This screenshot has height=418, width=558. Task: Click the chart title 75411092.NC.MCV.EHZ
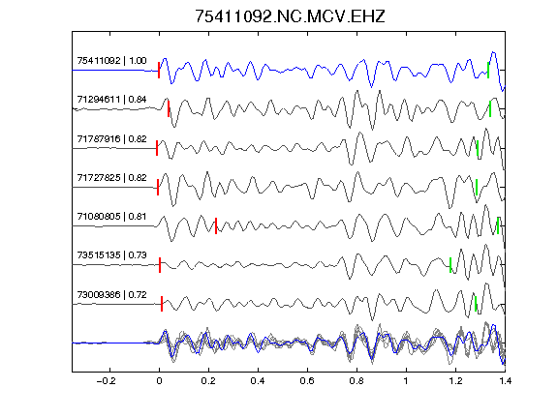(x=290, y=16)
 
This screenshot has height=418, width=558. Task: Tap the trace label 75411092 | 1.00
(x=111, y=61)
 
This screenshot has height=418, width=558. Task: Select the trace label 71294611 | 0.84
(x=111, y=100)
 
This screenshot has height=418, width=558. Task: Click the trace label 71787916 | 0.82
(x=111, y=139)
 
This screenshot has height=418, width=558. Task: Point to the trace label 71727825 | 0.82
(x=111, y=178)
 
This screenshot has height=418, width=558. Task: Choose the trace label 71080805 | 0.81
(x=111, y=217)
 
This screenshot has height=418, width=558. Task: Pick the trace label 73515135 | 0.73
(x=111, y=255)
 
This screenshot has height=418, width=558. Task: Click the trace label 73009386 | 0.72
(x=111, y=295)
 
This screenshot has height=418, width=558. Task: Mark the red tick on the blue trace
(x=159, y=70)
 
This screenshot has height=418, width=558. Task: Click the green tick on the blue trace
(x=488, y=70)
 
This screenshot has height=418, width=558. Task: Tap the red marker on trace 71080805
(x=216, y=226)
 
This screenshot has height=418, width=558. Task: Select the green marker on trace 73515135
(x=450, y=265)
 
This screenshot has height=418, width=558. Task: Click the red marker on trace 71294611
(x=169, y=108)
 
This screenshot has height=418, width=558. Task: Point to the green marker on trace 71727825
(x=477, y=187)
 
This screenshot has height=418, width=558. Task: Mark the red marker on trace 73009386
(x=162, y=304)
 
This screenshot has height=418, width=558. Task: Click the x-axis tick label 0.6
(x=307, y=381)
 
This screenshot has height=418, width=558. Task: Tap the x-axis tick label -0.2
(x=107, y=381)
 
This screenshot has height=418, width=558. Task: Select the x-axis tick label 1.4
(x=506, y=381)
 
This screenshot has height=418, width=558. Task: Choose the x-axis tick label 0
(x=159, y=381)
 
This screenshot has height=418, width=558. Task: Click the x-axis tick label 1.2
(x=456, y=381)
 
